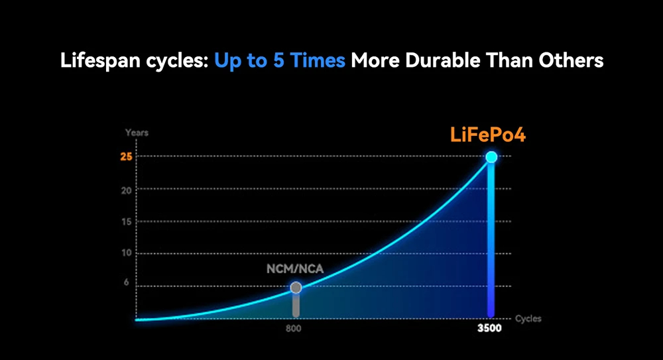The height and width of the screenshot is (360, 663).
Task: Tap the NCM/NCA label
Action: coord(296,270)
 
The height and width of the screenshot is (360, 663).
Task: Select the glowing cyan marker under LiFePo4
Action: coord(491,157)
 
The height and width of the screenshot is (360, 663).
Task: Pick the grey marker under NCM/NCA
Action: coord(296,287)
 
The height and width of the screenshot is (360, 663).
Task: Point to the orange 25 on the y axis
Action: coord(125,157)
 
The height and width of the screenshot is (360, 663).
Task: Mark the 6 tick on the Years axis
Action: coord(126,286)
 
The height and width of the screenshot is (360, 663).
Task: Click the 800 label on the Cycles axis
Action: coord(296,328)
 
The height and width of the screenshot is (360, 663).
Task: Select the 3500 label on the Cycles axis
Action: coord(490,328)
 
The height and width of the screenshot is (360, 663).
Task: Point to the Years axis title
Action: coord(137,133)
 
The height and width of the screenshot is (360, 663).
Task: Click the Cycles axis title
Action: coord(528,319)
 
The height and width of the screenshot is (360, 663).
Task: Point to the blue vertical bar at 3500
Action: coord(491,239)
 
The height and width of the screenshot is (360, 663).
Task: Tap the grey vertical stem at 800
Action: coord(296,304)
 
